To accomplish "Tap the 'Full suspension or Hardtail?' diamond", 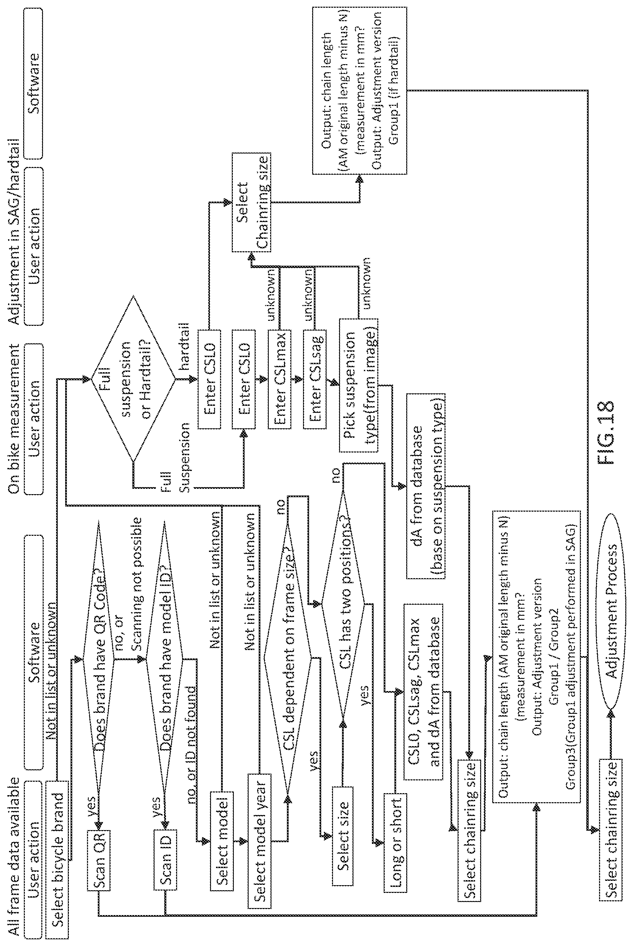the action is coord(133,379).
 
